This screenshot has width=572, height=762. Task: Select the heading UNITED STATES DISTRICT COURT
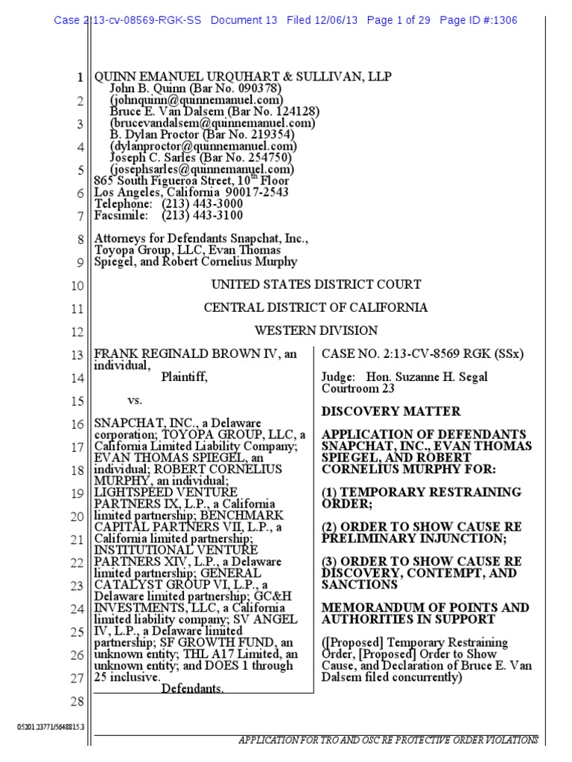pos(317,284)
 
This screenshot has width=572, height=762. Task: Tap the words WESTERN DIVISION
pos(317,330)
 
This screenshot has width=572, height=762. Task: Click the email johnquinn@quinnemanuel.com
pos(197,100)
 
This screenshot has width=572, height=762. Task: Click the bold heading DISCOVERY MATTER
pos(391,412)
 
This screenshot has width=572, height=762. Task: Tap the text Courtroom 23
pos(357,388)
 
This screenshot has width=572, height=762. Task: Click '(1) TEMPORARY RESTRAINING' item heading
pos(421,492)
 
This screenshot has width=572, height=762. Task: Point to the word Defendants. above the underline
pos(193,689)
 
